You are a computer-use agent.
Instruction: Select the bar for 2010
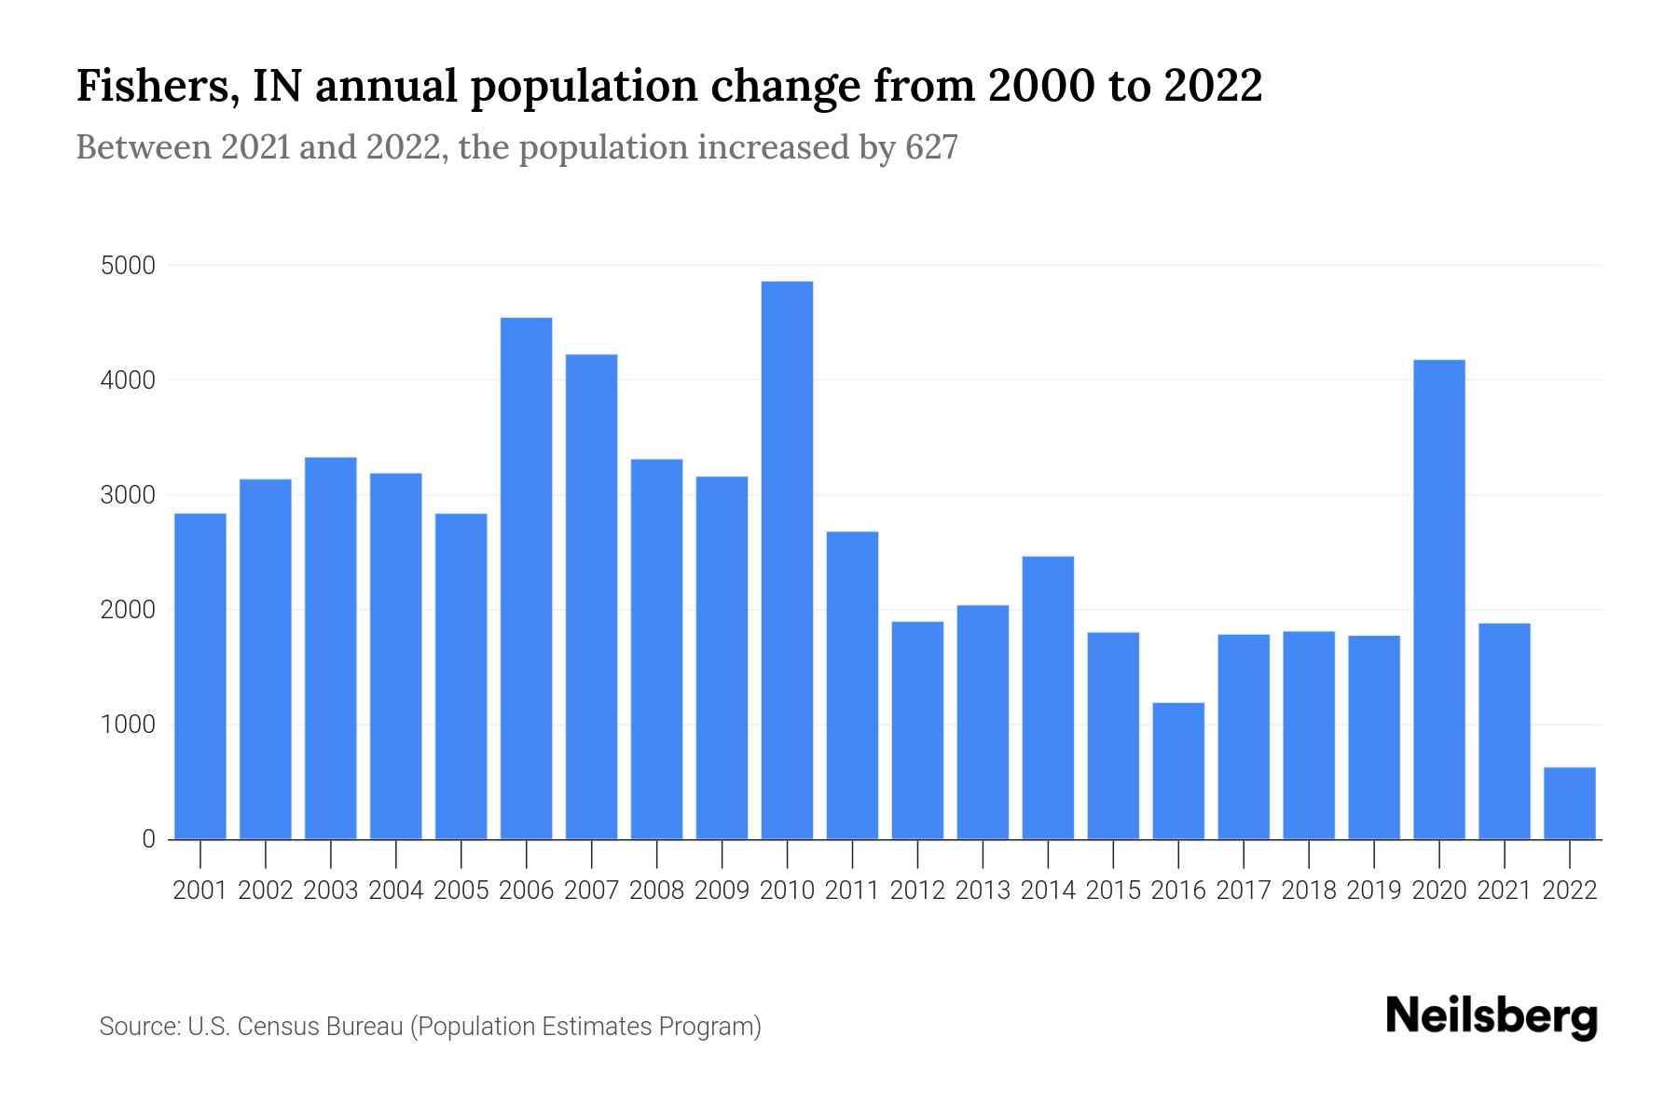pyautogui.click(x=787, y=559)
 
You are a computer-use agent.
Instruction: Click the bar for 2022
pyautogui.click(x=1570, y=803)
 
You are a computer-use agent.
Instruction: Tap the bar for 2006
pyautogui.click(x=526, y=578)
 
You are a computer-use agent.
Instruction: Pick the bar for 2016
pyautogui.click(x=1178, y=770)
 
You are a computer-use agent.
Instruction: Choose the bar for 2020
pyautogui.click(x=1439, y=599)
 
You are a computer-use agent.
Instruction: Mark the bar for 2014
pyautogui.click(x=1048, y=698)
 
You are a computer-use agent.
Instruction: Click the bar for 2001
pyautogui.click(x=200, y=676)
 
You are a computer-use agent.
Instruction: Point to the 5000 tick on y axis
pyautogui.click(x=127, y=266)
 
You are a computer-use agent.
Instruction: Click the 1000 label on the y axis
pyautogui.click(x=127, y=725)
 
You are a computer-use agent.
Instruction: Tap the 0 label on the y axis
pyautogui.click(x=148, y=839)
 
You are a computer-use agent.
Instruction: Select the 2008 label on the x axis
pyautogui.click(x=656, y=891)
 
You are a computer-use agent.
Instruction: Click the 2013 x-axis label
pyautogui.click(x=983, y=891)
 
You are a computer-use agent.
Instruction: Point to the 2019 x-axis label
pyautogui.click(x=1374, y=891)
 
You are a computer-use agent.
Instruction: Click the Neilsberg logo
pyautogui.click(x=1492, y=1016)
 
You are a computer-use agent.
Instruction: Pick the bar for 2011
pyautogui.click(x=852, y=685)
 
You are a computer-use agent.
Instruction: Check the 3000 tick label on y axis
pyautogui.click(x=127, y=495)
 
